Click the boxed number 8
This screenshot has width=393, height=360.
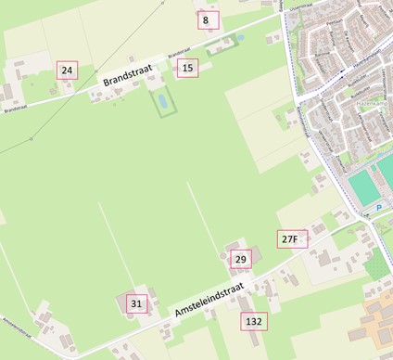click(207, 19)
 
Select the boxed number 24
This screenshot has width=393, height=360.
click(66, 70)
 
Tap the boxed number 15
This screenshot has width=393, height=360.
click(188, 68)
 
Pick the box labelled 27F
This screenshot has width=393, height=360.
click(289, 239)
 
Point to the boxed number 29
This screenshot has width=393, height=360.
click(241, 259)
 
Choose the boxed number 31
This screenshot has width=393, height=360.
click(137, 303)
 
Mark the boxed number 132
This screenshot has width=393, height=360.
click(253, 321)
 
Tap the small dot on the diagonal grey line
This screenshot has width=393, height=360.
click(31, 139)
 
